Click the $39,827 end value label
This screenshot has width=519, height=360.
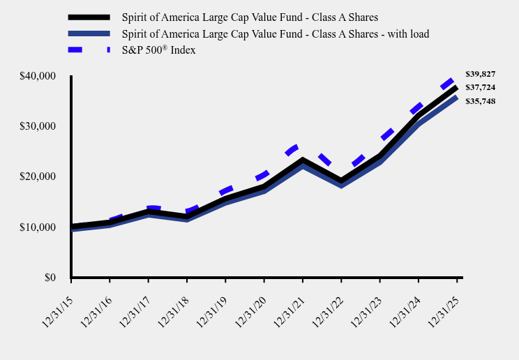[x=480, y=74]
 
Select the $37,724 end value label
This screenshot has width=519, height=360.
[x=480, y=87]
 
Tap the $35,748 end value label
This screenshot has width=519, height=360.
[x=480, y=101]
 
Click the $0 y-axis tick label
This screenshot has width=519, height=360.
[x=50, y=278]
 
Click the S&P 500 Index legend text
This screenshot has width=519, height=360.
[x=158, y=50]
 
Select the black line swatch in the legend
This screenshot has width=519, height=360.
[x=89, y=17]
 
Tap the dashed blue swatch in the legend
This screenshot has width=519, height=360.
[x=89, y=50]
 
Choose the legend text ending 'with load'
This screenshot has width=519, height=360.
[x=275, y=33]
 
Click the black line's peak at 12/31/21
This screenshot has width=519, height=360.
[x=302, y=160]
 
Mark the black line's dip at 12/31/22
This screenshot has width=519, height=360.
[x=341, y=182]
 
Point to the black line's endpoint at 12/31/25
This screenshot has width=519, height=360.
[x=457, y=87]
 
